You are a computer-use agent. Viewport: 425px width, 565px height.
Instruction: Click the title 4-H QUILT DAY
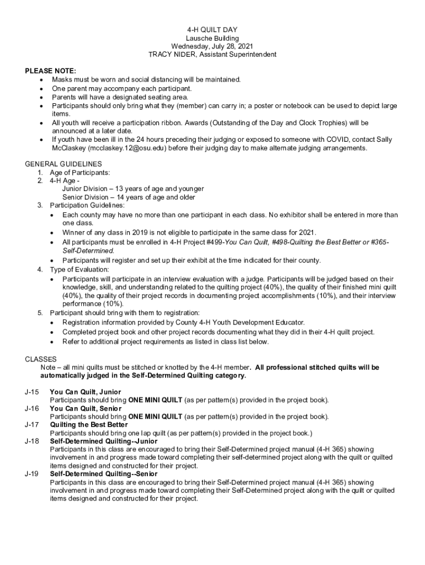(212, 30)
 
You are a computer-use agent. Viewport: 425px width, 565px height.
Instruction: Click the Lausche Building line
(212, 38)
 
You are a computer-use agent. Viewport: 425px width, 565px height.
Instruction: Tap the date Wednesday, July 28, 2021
(212, 46)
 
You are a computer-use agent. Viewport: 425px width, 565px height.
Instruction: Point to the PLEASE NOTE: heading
(51, 71)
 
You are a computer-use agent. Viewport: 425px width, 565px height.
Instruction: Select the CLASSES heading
(41, 359)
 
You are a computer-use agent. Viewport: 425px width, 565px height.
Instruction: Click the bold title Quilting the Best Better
(89, 425)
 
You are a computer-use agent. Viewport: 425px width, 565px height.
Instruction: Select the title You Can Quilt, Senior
(86, 408)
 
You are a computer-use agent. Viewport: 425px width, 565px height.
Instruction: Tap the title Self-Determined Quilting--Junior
(104, 441)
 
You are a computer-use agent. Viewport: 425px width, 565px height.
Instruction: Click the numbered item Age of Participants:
(76, 172)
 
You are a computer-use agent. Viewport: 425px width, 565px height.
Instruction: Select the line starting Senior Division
(129, 197)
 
